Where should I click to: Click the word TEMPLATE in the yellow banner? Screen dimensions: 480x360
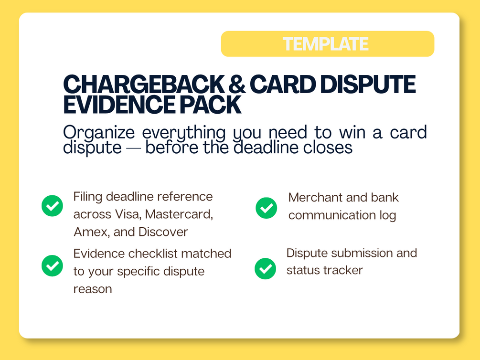(325, 44)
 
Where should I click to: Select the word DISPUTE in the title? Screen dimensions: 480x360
(368, 84)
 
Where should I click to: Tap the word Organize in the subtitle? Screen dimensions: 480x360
(99, 133)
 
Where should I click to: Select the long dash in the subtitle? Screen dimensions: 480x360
(133, 149)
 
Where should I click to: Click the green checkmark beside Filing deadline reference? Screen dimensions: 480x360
(53, 206)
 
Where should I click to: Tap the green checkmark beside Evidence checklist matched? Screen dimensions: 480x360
(53, 266)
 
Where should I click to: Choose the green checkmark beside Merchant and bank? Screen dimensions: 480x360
(267, 208)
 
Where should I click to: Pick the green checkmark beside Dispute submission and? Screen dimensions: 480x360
(266, 269)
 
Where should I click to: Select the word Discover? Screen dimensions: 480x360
(163, 232)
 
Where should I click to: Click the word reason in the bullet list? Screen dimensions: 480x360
(93, 289)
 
